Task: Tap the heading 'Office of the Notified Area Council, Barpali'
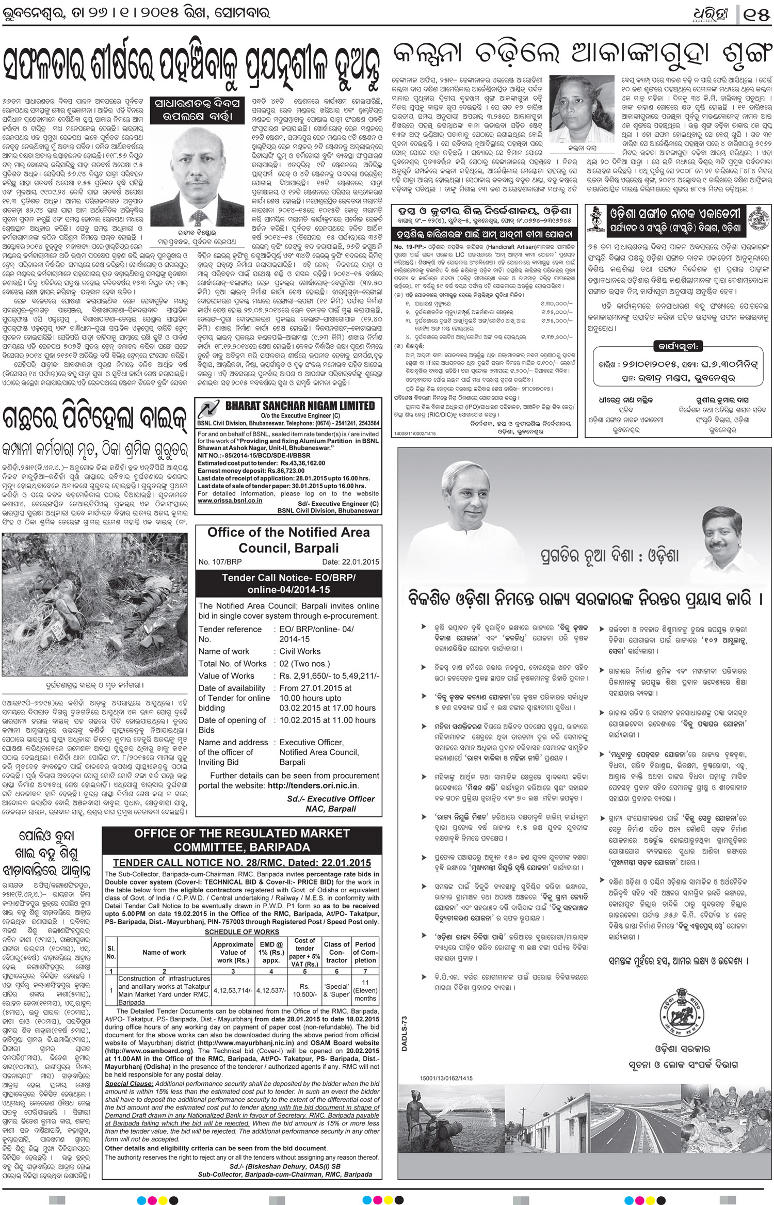click(x=288, y=539)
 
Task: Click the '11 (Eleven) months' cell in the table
click(x=365, y=991)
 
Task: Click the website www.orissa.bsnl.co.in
click(x=230, y=500)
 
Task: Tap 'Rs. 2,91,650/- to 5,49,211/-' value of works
click(x=328, y=676)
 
